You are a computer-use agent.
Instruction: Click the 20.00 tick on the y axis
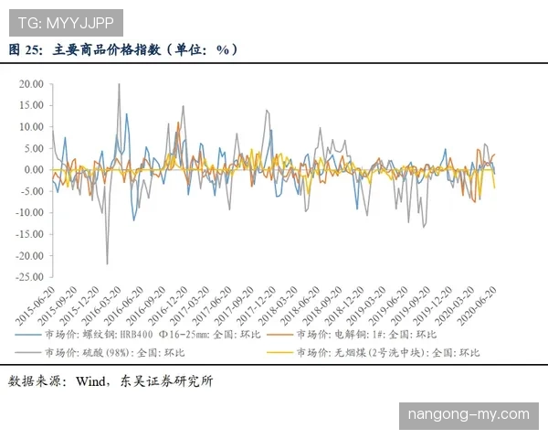[x=31, y=83]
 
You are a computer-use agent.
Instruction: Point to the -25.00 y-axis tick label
[x=29, y=277]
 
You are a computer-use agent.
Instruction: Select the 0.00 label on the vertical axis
[x=34, y=169]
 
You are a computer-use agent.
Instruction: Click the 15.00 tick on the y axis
[x=31, y=105]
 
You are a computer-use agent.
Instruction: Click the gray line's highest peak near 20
[x=119, y=84]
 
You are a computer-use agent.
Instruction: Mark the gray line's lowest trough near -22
[x=107, y=263]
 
